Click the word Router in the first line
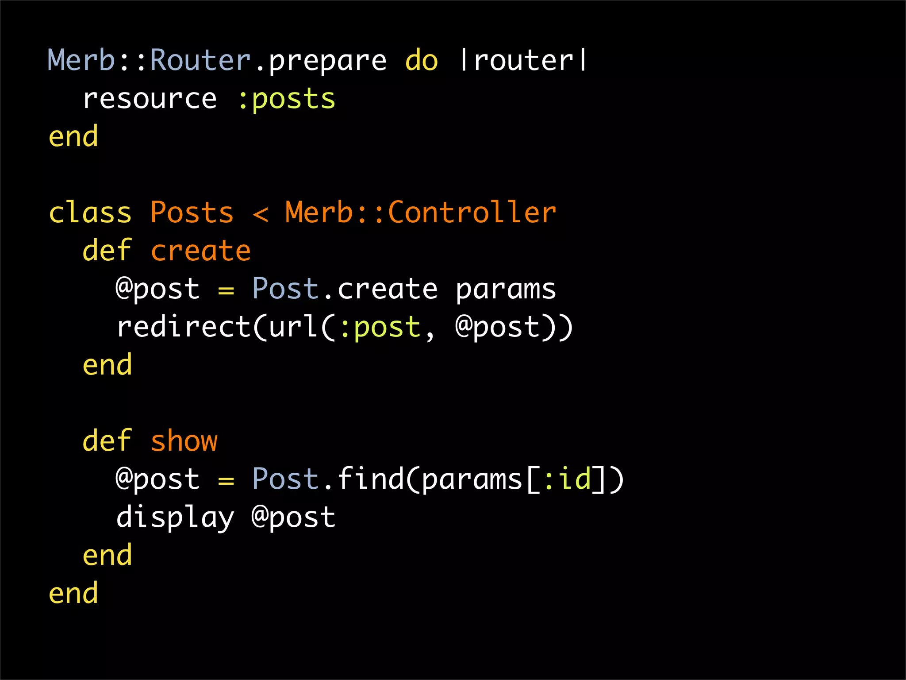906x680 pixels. (200, 60)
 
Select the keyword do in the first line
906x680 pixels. (422, 60)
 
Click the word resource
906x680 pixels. (150, 99)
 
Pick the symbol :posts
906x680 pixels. (287, 99)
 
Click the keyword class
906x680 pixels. (90, 213)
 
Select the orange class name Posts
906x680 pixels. (192, 213)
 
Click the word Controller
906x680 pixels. (472, 213)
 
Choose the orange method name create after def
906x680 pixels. (200, 251)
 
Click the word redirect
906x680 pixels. (184, 327)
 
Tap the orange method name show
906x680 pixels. (184, 441)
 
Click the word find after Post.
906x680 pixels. (371, 479)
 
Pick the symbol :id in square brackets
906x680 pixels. (568, 479)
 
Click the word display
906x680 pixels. (175, 518)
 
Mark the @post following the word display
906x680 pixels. (294, 518)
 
